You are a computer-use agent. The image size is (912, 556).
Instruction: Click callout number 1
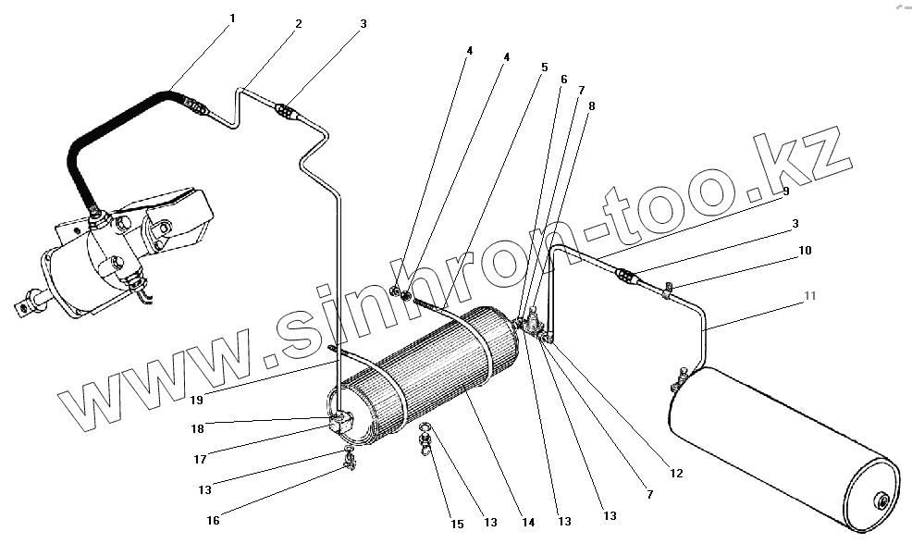point(232,19)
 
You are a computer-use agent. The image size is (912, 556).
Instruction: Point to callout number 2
point(299,24)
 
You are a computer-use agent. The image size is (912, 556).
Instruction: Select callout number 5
point(545,67)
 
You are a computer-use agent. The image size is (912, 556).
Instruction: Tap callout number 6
point(563,80)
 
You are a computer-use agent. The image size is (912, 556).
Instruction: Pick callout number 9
point(785,192)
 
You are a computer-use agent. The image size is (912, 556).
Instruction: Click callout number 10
point(806,250)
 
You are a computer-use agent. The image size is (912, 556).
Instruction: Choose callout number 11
point(810,296)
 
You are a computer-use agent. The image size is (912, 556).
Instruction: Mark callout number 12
point(677,474)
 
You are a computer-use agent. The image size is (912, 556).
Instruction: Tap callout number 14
point(528,523)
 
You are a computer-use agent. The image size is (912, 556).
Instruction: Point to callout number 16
point(213,521)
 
